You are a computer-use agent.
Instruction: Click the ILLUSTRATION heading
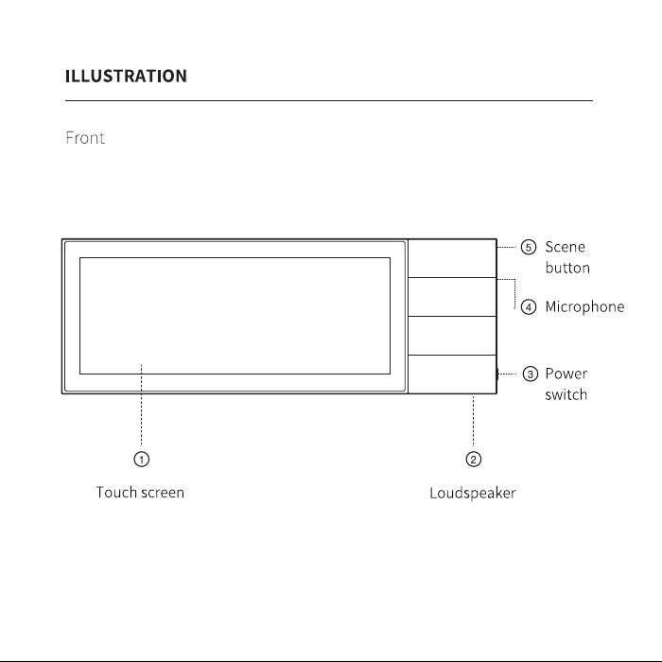coord(126,76)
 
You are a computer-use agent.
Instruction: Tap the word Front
coord(85,138)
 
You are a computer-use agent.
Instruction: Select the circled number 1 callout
coord(142,459)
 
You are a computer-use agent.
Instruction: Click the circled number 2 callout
coord(473,459)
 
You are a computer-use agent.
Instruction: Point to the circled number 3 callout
coord(531,374)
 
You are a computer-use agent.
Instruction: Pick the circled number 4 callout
coord(529,307)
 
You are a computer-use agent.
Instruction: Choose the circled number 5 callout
coord(529,247)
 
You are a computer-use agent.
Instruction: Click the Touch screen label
coord(140,493)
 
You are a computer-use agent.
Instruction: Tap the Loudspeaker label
coord(473,493)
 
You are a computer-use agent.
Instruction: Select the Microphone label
coord(584,307)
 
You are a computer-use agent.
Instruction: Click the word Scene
coord(565,247)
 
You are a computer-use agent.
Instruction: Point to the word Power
coord(566,374)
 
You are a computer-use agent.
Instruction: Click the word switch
coord(566,394)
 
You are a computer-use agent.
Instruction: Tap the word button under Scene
coord(567,268)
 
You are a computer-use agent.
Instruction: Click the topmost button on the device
coord(452,258)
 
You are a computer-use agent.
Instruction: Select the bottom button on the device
coord(452,375)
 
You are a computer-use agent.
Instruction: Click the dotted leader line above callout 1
coord(142,406)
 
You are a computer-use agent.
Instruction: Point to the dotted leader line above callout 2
coord(473,421)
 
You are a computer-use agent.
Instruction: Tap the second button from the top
coord(452,297)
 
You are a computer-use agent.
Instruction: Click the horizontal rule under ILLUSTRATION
coord(329,100)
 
